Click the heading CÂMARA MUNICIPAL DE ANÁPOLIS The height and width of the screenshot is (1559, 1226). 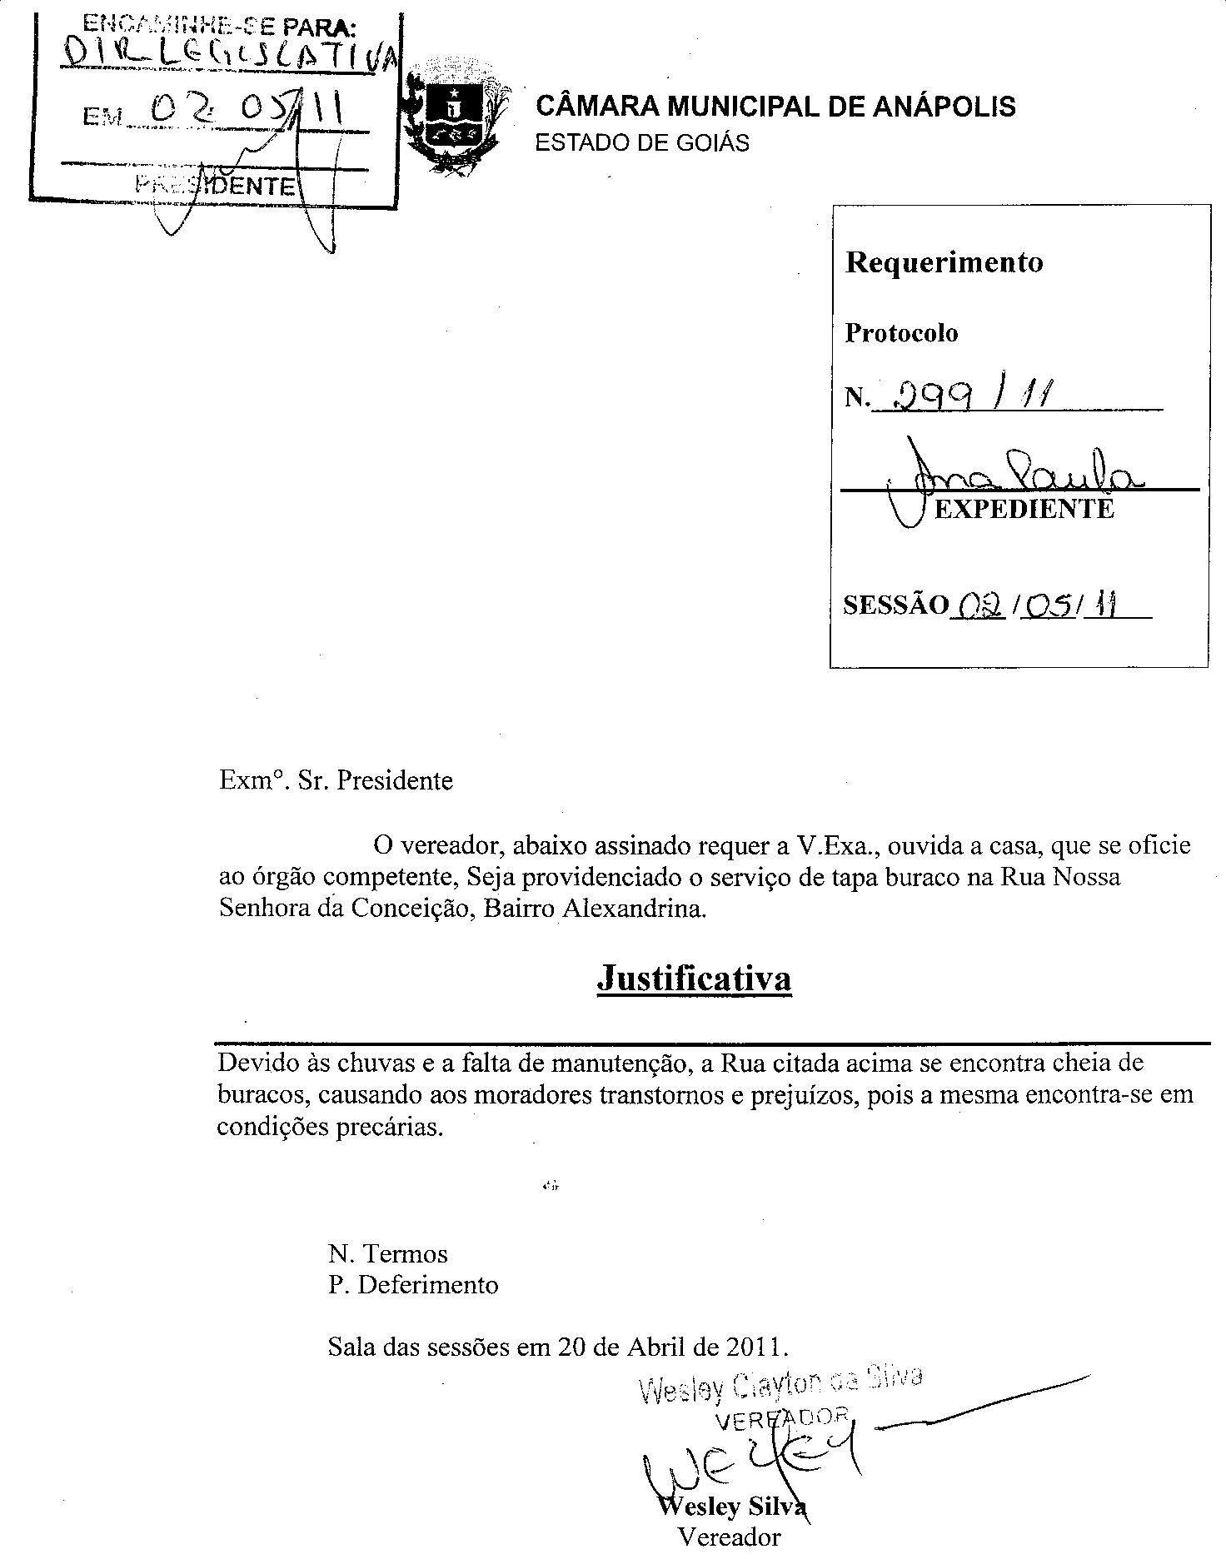point(775,107)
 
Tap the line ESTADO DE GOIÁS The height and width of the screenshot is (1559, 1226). point(641,143)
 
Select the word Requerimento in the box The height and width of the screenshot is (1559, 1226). point(944,262)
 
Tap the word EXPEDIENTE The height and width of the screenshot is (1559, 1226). point(1024,509)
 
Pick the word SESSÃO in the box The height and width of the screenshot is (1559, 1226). point(895,605)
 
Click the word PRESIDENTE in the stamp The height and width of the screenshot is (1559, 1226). point(215,185)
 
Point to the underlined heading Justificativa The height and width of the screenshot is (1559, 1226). point(694,978)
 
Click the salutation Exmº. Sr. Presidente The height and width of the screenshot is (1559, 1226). point(336,780)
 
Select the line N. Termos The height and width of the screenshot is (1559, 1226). point(387,1253)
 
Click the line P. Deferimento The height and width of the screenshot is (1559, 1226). point(413,1285)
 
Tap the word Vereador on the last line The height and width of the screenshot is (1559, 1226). point(730,1537)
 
